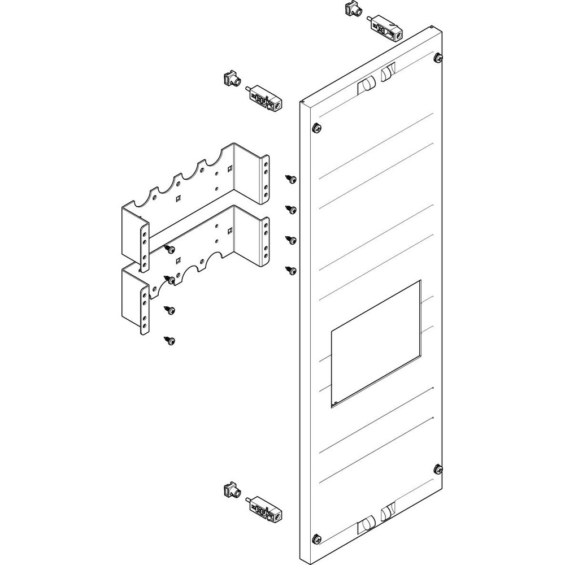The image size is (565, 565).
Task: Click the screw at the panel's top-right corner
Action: (438, 56)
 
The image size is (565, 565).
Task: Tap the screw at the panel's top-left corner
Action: (315, 127)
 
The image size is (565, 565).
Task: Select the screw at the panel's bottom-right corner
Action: (438, 468)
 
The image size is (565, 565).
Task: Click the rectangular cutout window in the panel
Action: (376, 344)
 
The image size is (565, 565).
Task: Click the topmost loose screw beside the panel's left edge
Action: (292, 179)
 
